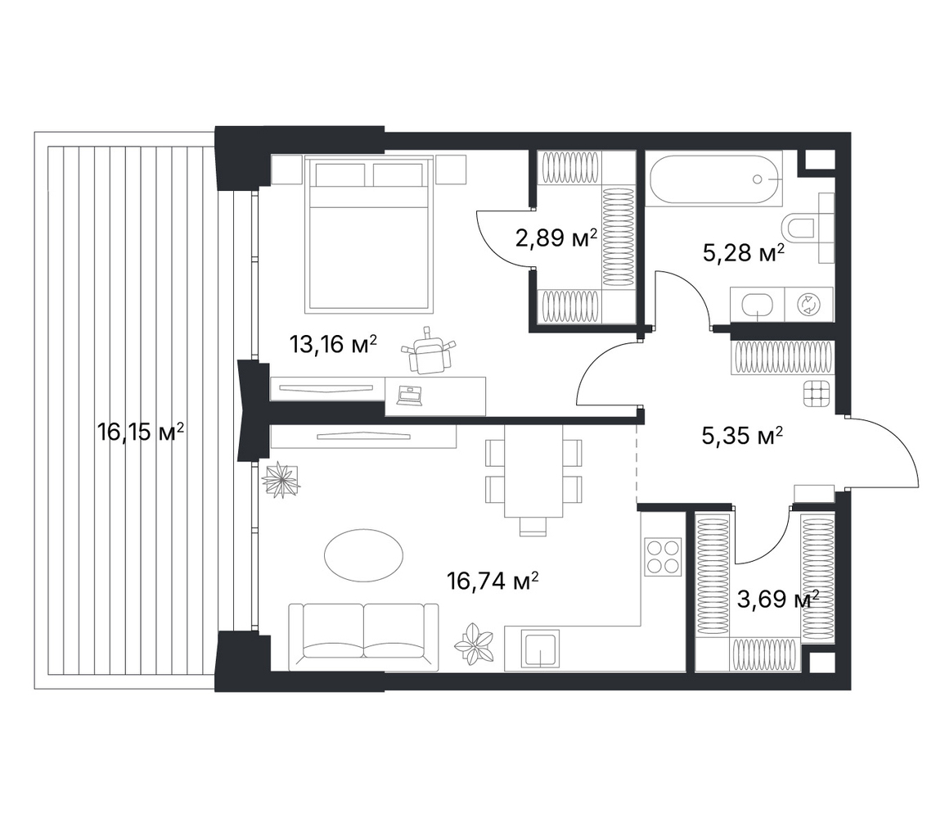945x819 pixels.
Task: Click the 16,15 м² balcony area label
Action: pyautogui.click(x=141, y=432)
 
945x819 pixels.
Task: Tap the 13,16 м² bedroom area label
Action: pyautogui.click(x=333, y=344)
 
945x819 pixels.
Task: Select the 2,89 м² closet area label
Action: pyautogui.click(x=556, y=238)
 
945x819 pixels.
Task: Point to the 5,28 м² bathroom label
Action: pyautogui.click(x=744, y=253)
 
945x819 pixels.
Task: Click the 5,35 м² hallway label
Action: pyautogui.click(x=743, y=436)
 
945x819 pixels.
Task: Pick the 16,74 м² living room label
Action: pyautogui.click(x=493, y=581)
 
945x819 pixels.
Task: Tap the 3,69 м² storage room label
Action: pyautogui.click(x=778, y=600)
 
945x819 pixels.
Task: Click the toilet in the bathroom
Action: pyautogui.click(x=808, y=229)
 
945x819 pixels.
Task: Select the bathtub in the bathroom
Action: pyautogui.click(x=714, y=179)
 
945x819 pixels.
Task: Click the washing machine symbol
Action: pyautogui.click(x=807, y=305)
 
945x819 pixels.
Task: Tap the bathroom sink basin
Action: pyautogui.click(x=757, y=305)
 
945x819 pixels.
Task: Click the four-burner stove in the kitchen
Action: pyautogui.click(x=663, y=556)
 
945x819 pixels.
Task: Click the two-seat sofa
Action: pyautogui.click(x=363, y=636)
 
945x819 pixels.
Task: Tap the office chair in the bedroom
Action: pyautogui.click(x=430, y=352)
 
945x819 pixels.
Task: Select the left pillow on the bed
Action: pyautogui.click(x=340, y=175)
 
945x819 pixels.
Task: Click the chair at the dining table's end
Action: pyautogui.click(x=533, y=527)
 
